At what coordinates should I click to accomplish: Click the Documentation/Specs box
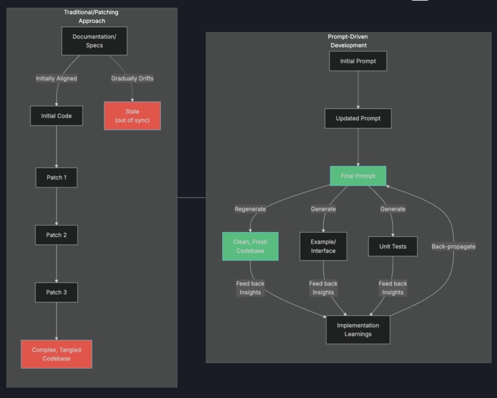pyautogui.click(x=94, y=41)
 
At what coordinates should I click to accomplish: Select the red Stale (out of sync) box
pyautogui.click(x=132, y=116)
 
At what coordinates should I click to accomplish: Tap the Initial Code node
pyautogui.click(x=56, y=116)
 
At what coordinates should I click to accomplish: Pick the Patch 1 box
pyautogui.click(x=56, y=177)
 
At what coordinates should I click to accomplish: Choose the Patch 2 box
pyautogui.click(x=56, y=235)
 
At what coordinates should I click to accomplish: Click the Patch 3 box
pyautogui.click(x=56, y=292)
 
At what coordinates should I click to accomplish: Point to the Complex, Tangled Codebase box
pyautogui.click(x=56, y=354)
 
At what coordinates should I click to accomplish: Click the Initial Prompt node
pyautogui.click(x=357, y=61)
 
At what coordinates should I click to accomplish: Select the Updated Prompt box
pyautogui.click(x=357, y=118)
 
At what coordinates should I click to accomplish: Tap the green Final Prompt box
pyautogui.click(x=357, y=176)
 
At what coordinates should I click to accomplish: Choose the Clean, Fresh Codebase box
pyautogui.click(x=250, y=247)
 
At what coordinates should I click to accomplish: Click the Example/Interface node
pyautogui.click(x=323, y=247)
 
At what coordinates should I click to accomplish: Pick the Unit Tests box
pyautogui.click(x=392, y=247)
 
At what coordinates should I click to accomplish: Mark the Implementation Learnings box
pyautogui.click(x=357, y=329)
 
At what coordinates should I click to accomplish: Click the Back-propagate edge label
pyautogui.click(x=453, y=247)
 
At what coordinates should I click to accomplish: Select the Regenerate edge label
pyautogui.click(x=250, y=209)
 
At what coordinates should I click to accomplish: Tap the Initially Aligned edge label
pyautogui.click(x=56, y=78)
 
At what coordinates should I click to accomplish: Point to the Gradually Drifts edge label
pyautogui.click(x=132, y=78)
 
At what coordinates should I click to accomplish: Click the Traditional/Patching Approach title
pyautogui.click(x=91, y=17)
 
